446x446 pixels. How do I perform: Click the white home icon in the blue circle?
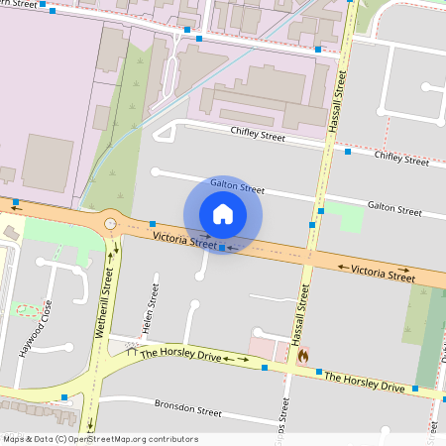tap(223, 214)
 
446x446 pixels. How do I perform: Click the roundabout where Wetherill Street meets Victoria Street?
tap(110, 224)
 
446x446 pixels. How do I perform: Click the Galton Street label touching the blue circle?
tap(238, 188)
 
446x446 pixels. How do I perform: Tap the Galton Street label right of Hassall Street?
tap(394, 208)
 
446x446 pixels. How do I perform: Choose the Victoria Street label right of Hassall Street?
tap(383, 272)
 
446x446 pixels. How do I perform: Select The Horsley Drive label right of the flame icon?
tap(365, 382)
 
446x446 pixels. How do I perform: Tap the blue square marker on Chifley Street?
tap(348, 152)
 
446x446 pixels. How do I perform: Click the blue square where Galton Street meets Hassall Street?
tap(320, 211)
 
